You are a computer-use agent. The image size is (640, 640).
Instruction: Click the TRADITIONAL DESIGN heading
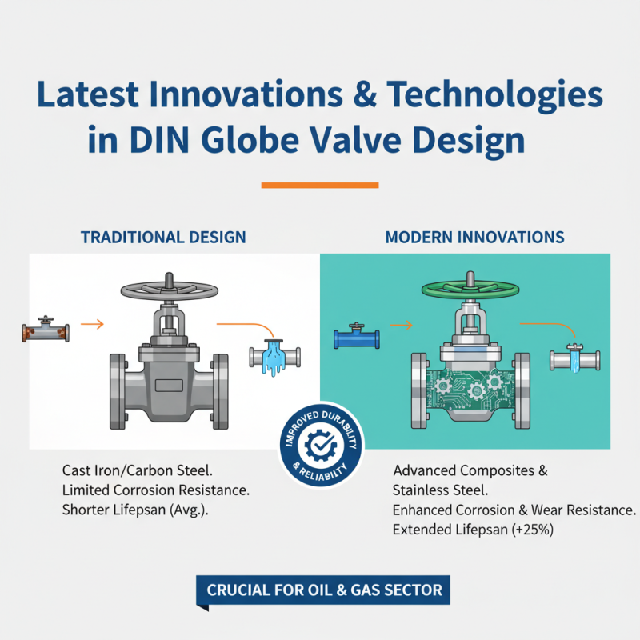[x=162, y=238]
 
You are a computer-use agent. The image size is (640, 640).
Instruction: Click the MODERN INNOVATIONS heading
[x=474, y=238]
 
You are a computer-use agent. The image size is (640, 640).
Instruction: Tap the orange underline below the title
[x=320, y=186]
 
